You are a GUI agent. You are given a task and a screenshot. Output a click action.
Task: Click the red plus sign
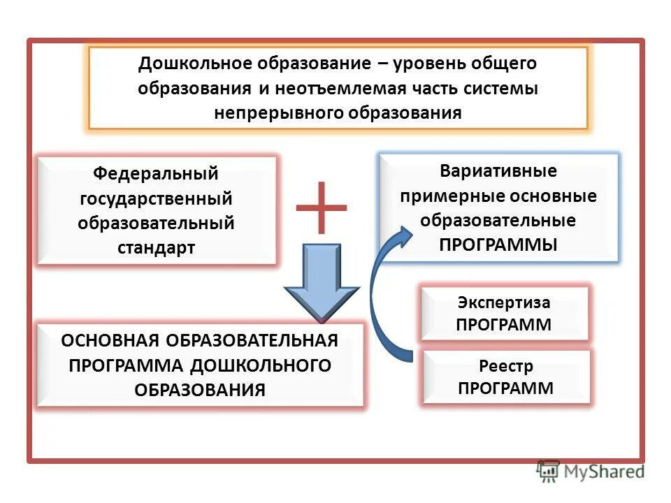tap(321, 207)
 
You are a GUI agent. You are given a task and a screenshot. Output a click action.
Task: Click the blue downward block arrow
tap(322, 279)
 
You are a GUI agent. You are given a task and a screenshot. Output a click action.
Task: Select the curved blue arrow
tap(381, 293)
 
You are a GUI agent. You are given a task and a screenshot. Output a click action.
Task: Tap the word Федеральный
tap(157, 173)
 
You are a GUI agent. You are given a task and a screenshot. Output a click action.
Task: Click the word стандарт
tap(157, 248)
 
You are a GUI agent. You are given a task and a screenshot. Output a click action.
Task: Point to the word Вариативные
tap(498, 170)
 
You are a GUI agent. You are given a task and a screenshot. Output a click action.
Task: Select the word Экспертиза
tap(504, 303)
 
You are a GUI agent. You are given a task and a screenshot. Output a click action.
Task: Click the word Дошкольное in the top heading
tap(185, 64)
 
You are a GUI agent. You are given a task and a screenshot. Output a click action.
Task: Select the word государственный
tap(157, 198)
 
